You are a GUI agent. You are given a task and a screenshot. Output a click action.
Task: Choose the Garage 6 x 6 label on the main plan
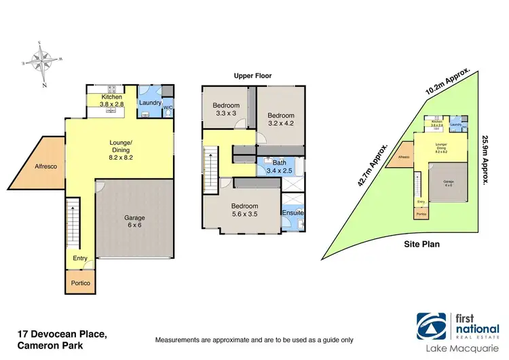click(134, 222)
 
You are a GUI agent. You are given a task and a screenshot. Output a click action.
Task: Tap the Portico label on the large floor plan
click(80, 283)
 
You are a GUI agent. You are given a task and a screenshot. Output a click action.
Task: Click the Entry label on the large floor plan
click(80, 259)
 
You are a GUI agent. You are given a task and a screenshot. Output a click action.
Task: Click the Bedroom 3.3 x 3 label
click(225, 110)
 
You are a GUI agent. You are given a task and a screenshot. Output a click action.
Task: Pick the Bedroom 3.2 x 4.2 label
click(280, 120)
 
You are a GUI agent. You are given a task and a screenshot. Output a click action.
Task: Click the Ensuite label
click(293, 213)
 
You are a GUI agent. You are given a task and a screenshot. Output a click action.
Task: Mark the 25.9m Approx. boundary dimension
click(485, 160)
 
